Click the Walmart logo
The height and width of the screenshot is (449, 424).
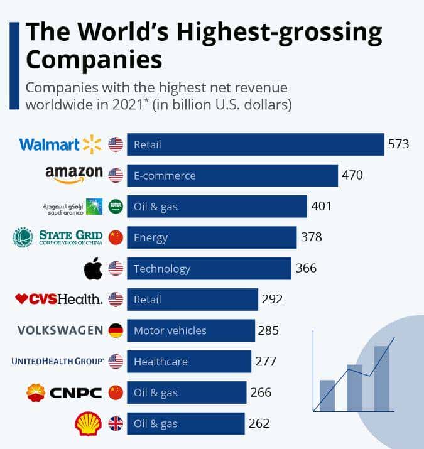pyautogui.click(x=60, y=144)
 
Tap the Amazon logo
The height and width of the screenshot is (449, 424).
pyautogui.click(x=73, y=175)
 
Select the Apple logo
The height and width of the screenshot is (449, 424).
pyautogui.click(x=93, y=269)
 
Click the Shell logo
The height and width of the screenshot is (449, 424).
pyautogui.click(x=88, y=424)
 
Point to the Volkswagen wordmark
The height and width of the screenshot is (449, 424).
pyautogui.click(x=60, y=330)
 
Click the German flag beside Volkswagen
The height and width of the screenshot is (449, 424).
pyautogui.click(x=116, y=330)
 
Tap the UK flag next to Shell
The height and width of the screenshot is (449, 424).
pyautogui.click(x=116, y=424)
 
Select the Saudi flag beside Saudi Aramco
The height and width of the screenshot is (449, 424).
pyautogui.click(x=116, y=207)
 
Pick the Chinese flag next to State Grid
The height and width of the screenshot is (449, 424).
pyautogui.click(x=116, y=237)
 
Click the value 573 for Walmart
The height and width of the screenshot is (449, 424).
pyautogui.click(x=398, y=144)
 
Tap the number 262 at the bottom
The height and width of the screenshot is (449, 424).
pyautogui.click(x=258, y=424)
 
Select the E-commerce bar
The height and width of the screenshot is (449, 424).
pyautogui.click(x=232, y=175)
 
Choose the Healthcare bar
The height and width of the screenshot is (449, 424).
pyautogui.click(x=189, y=362)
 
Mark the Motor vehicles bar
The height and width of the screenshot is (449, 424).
pyautogui.click(x=191, y=330)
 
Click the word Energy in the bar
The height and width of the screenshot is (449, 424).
pyautogui.click(x=151, y=237)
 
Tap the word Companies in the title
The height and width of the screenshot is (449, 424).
pyautogui.click(x=94, y=60)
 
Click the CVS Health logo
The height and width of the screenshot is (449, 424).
pyautogui.click(x=59, y=300)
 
